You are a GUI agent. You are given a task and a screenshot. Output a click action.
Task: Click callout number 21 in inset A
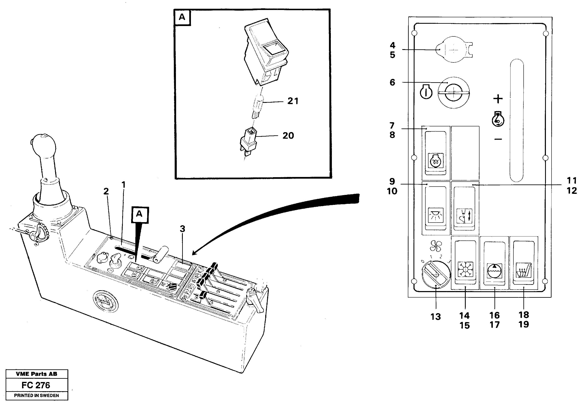pyautogui.click(x=293, y=101)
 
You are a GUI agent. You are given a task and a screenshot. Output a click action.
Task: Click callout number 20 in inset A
pyautogui.click(x=288, y=136)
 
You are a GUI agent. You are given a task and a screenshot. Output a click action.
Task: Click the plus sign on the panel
pyautogui.click(x=498, y=99)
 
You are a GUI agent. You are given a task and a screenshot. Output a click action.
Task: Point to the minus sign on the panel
pyautogui.click(x=498, y=139)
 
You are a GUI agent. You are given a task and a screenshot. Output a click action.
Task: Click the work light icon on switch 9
pyautogui.click(x=436, y=215)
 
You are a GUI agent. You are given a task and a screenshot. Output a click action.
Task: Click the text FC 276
pyautogui.click(x=36, y=385)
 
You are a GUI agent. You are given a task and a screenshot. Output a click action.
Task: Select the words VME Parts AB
pyautogui.click(x=37, y=374)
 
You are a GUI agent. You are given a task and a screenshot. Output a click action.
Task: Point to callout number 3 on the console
pyautogui.click(x=182, y=229)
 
